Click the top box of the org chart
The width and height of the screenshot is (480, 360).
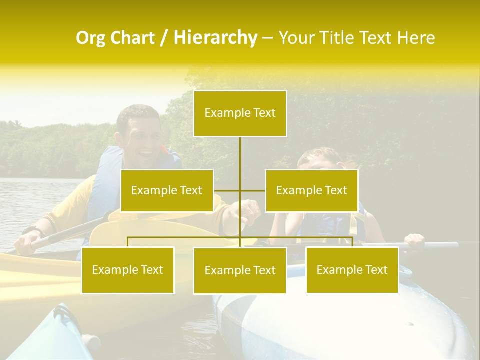(240, 113)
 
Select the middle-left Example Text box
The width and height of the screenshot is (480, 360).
(167, 190)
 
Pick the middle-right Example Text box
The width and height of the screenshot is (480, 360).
(311, 190)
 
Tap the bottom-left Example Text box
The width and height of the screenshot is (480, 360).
(128, 270)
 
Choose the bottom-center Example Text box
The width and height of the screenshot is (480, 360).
(240, 271)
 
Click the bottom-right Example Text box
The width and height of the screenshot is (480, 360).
(352, 270)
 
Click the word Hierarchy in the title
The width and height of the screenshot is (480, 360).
(215, 37)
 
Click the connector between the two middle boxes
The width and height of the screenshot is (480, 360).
(240, 190)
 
